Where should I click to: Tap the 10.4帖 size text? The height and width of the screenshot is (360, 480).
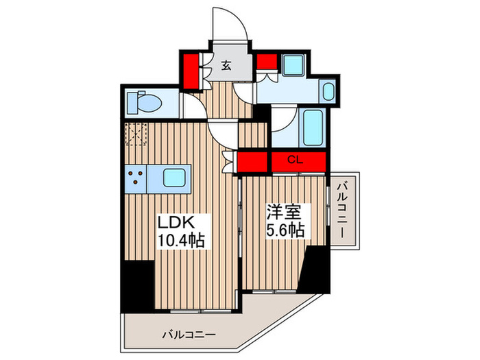tap(182, 241)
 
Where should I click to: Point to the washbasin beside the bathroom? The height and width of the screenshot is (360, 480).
tap(328, 91)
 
